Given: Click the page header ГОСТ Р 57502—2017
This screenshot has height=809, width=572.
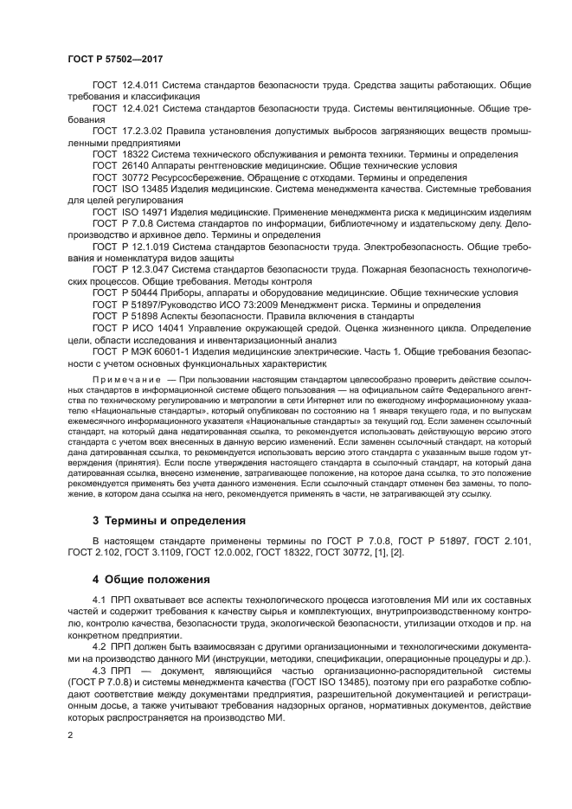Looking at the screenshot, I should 115,59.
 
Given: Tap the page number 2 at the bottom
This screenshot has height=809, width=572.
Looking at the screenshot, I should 70,735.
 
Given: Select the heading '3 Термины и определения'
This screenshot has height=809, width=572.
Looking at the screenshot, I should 169,521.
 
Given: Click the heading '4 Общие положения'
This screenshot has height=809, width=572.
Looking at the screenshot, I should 151,579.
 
